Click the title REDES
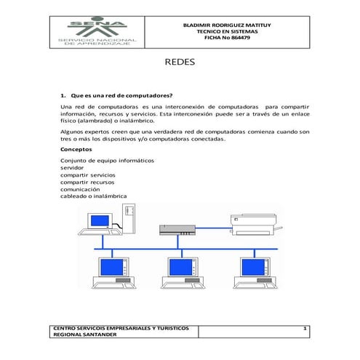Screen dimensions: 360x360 click(x=180, y=63)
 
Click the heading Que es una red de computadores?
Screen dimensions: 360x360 click(x=121, y=95)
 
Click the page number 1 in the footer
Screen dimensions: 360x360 click(x=305, y=330)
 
